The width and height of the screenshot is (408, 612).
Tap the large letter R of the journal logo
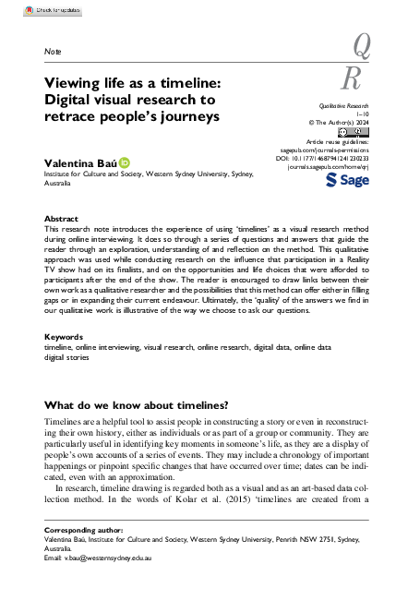point(352,78)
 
